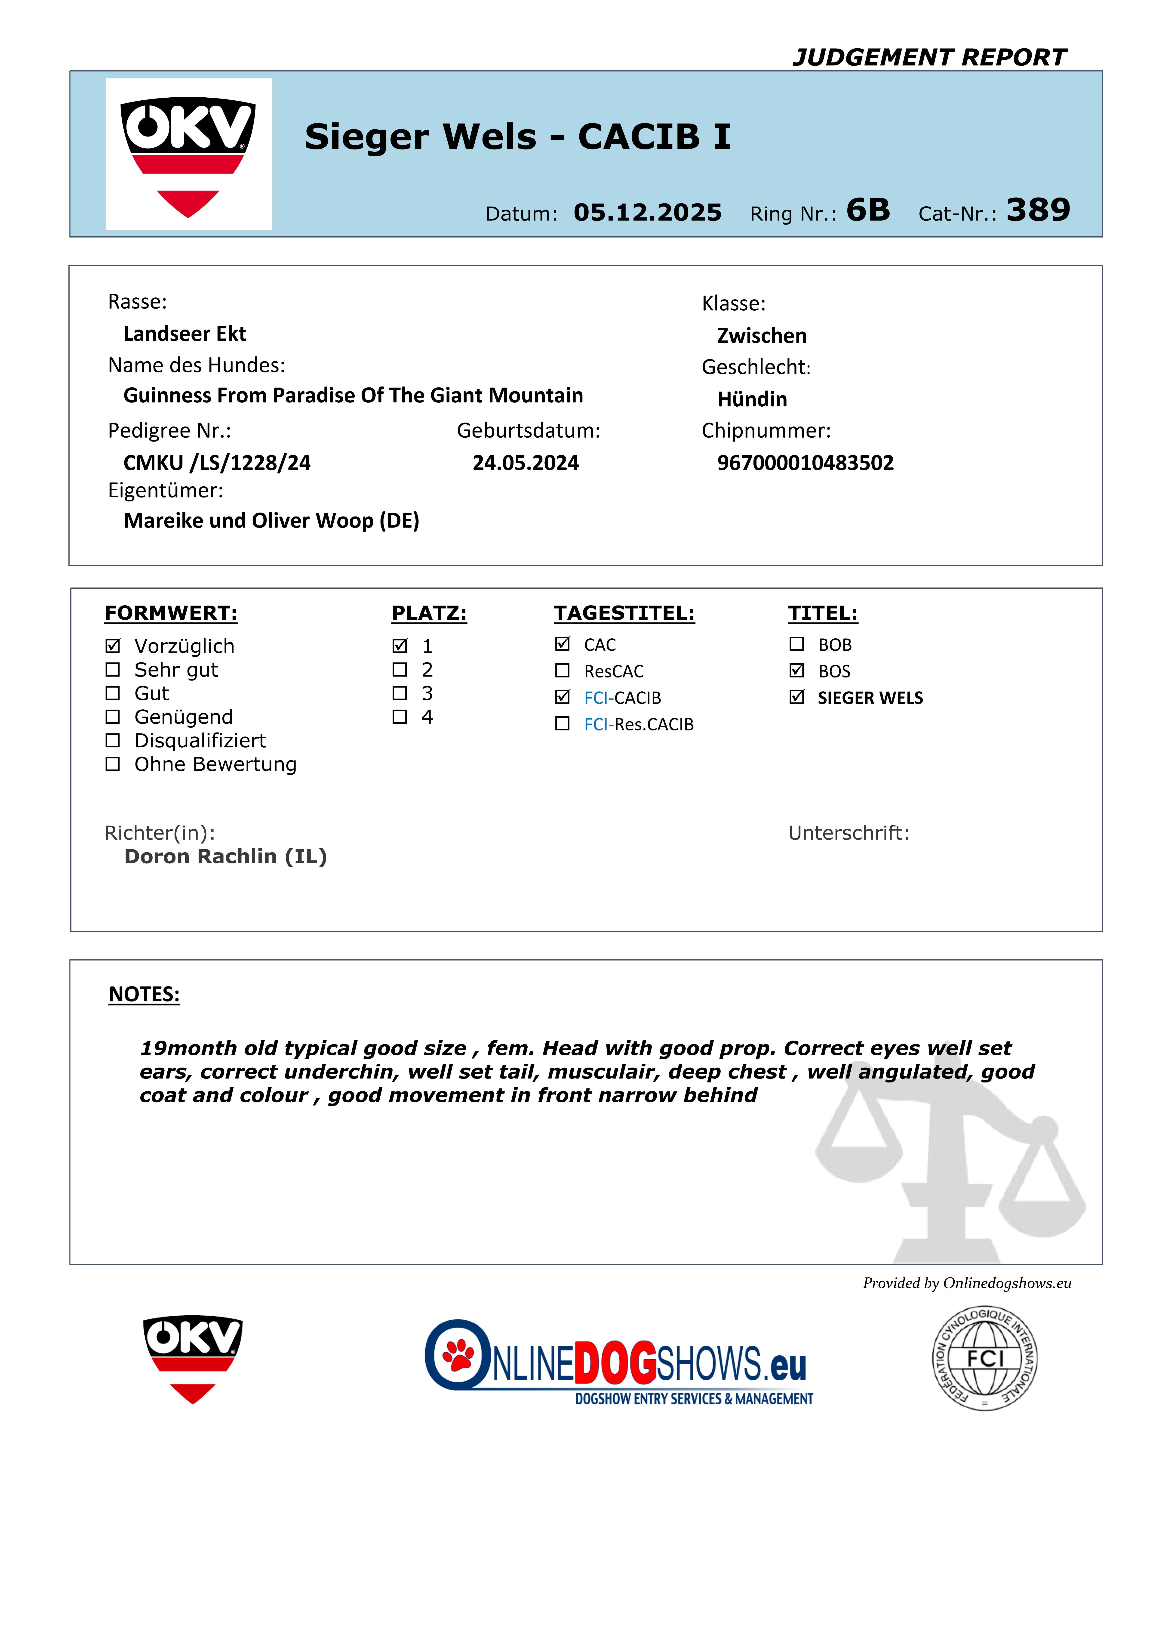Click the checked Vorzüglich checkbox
(112, 646)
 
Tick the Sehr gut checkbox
(112, 669)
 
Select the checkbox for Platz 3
(400, 693)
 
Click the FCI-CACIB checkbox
(562, 697)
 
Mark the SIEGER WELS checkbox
(796, 697)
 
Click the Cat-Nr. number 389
(1038, 210)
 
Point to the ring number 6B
(868, 210)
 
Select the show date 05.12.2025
(647, 212)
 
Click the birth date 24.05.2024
(525, 463)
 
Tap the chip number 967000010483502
(805, 463)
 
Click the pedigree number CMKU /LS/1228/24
(217, 463)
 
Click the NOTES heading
(144, 994)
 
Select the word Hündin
(752, 399)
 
